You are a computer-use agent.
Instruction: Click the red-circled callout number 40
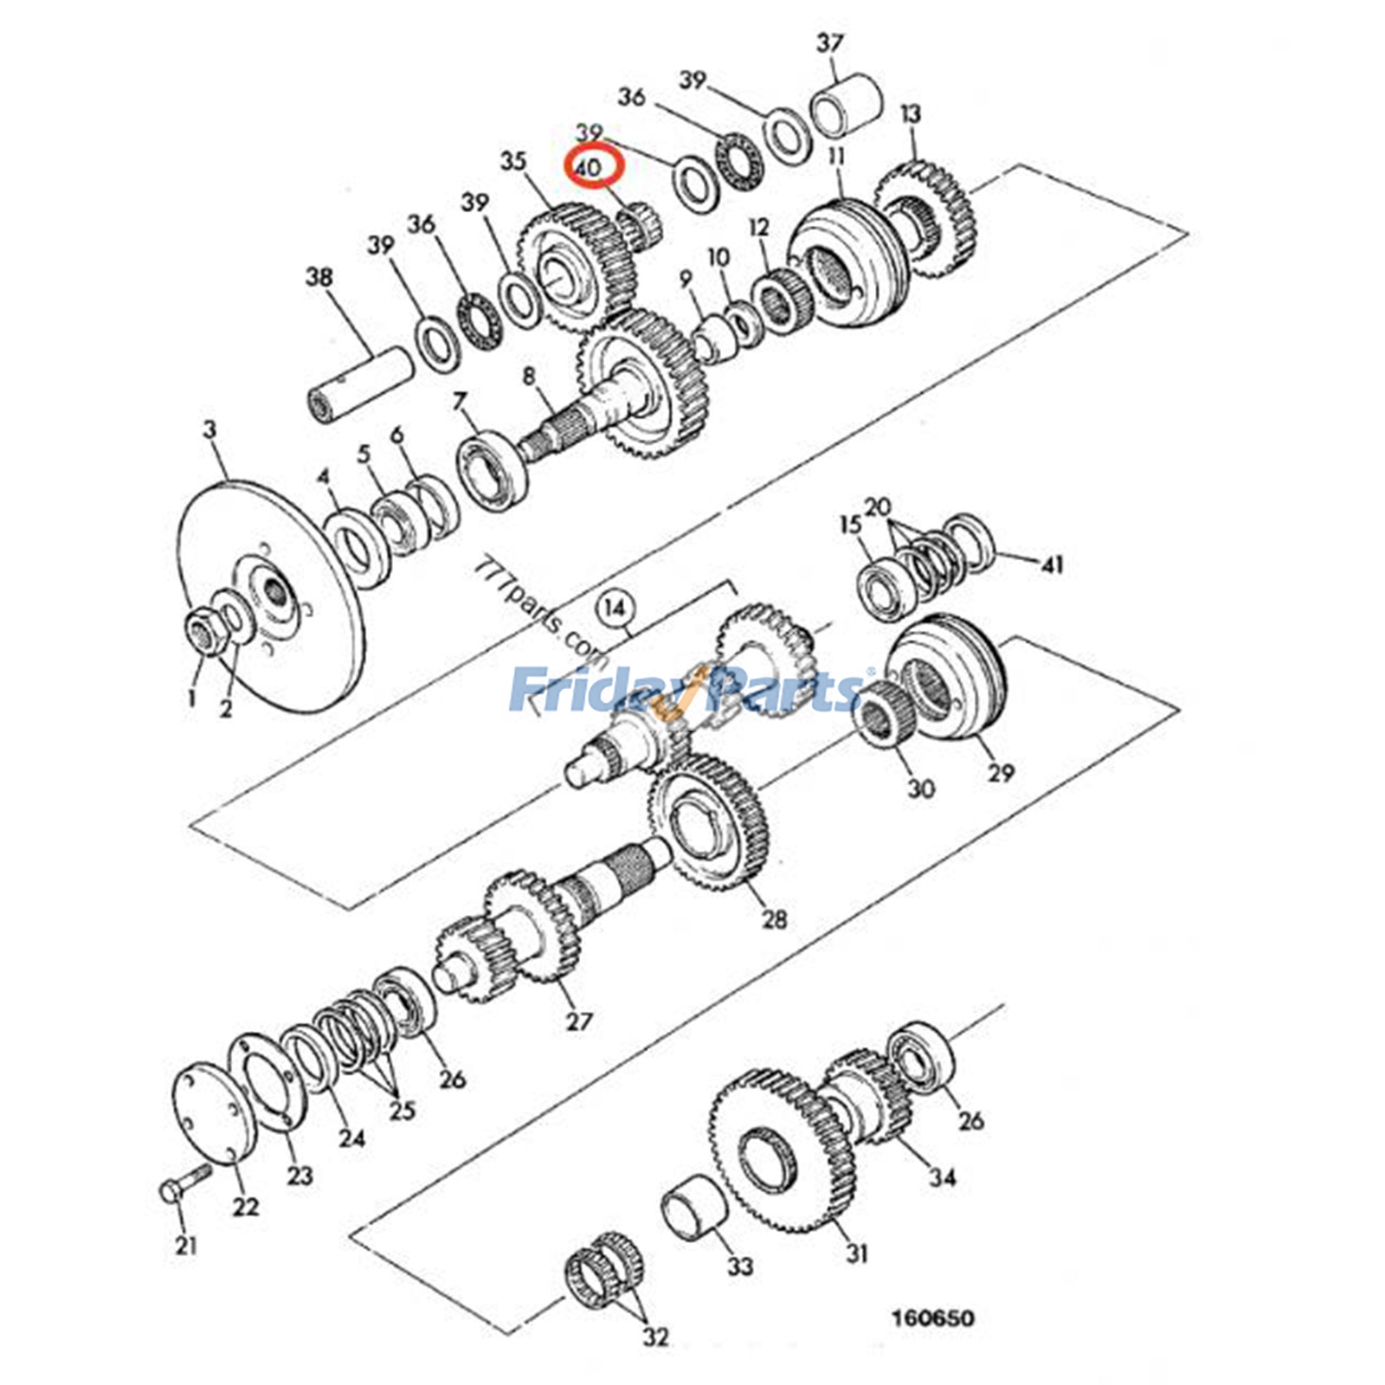tap(588, 167)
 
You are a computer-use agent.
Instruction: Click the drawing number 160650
tap(933, 1318)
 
